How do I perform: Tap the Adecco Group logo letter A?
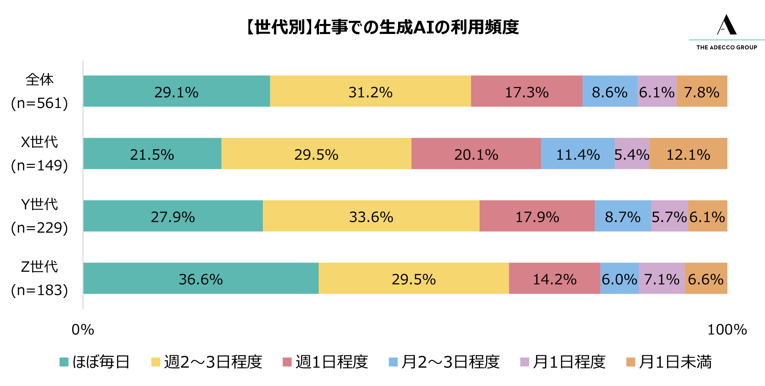[x=727, y=25]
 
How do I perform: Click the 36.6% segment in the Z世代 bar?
[x=201, y=278]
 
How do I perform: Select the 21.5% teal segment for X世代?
[x=152, y=154]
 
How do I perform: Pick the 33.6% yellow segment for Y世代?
[x=371, y=216]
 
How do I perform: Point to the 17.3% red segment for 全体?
[x=526, y=91]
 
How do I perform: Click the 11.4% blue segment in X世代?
[x=578, y=154]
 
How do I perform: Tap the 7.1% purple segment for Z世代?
[x=662, y=278]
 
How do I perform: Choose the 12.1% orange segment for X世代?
[x=688, y=154]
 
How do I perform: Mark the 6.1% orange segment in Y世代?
[x=707, y=216]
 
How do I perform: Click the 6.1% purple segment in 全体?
[x=657, y=91]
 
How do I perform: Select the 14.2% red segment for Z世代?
[x=554, y=278]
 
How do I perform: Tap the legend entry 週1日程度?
[x=326, y=362]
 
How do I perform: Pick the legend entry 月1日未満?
[x=669, y=362]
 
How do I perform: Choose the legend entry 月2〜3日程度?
[x=444, y=362]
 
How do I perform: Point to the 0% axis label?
[x=83, y=330]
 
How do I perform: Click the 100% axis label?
[x=727, y=330]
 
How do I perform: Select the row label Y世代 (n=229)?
[x=39, y=216]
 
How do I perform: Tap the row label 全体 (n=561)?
[x=39, y=91]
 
